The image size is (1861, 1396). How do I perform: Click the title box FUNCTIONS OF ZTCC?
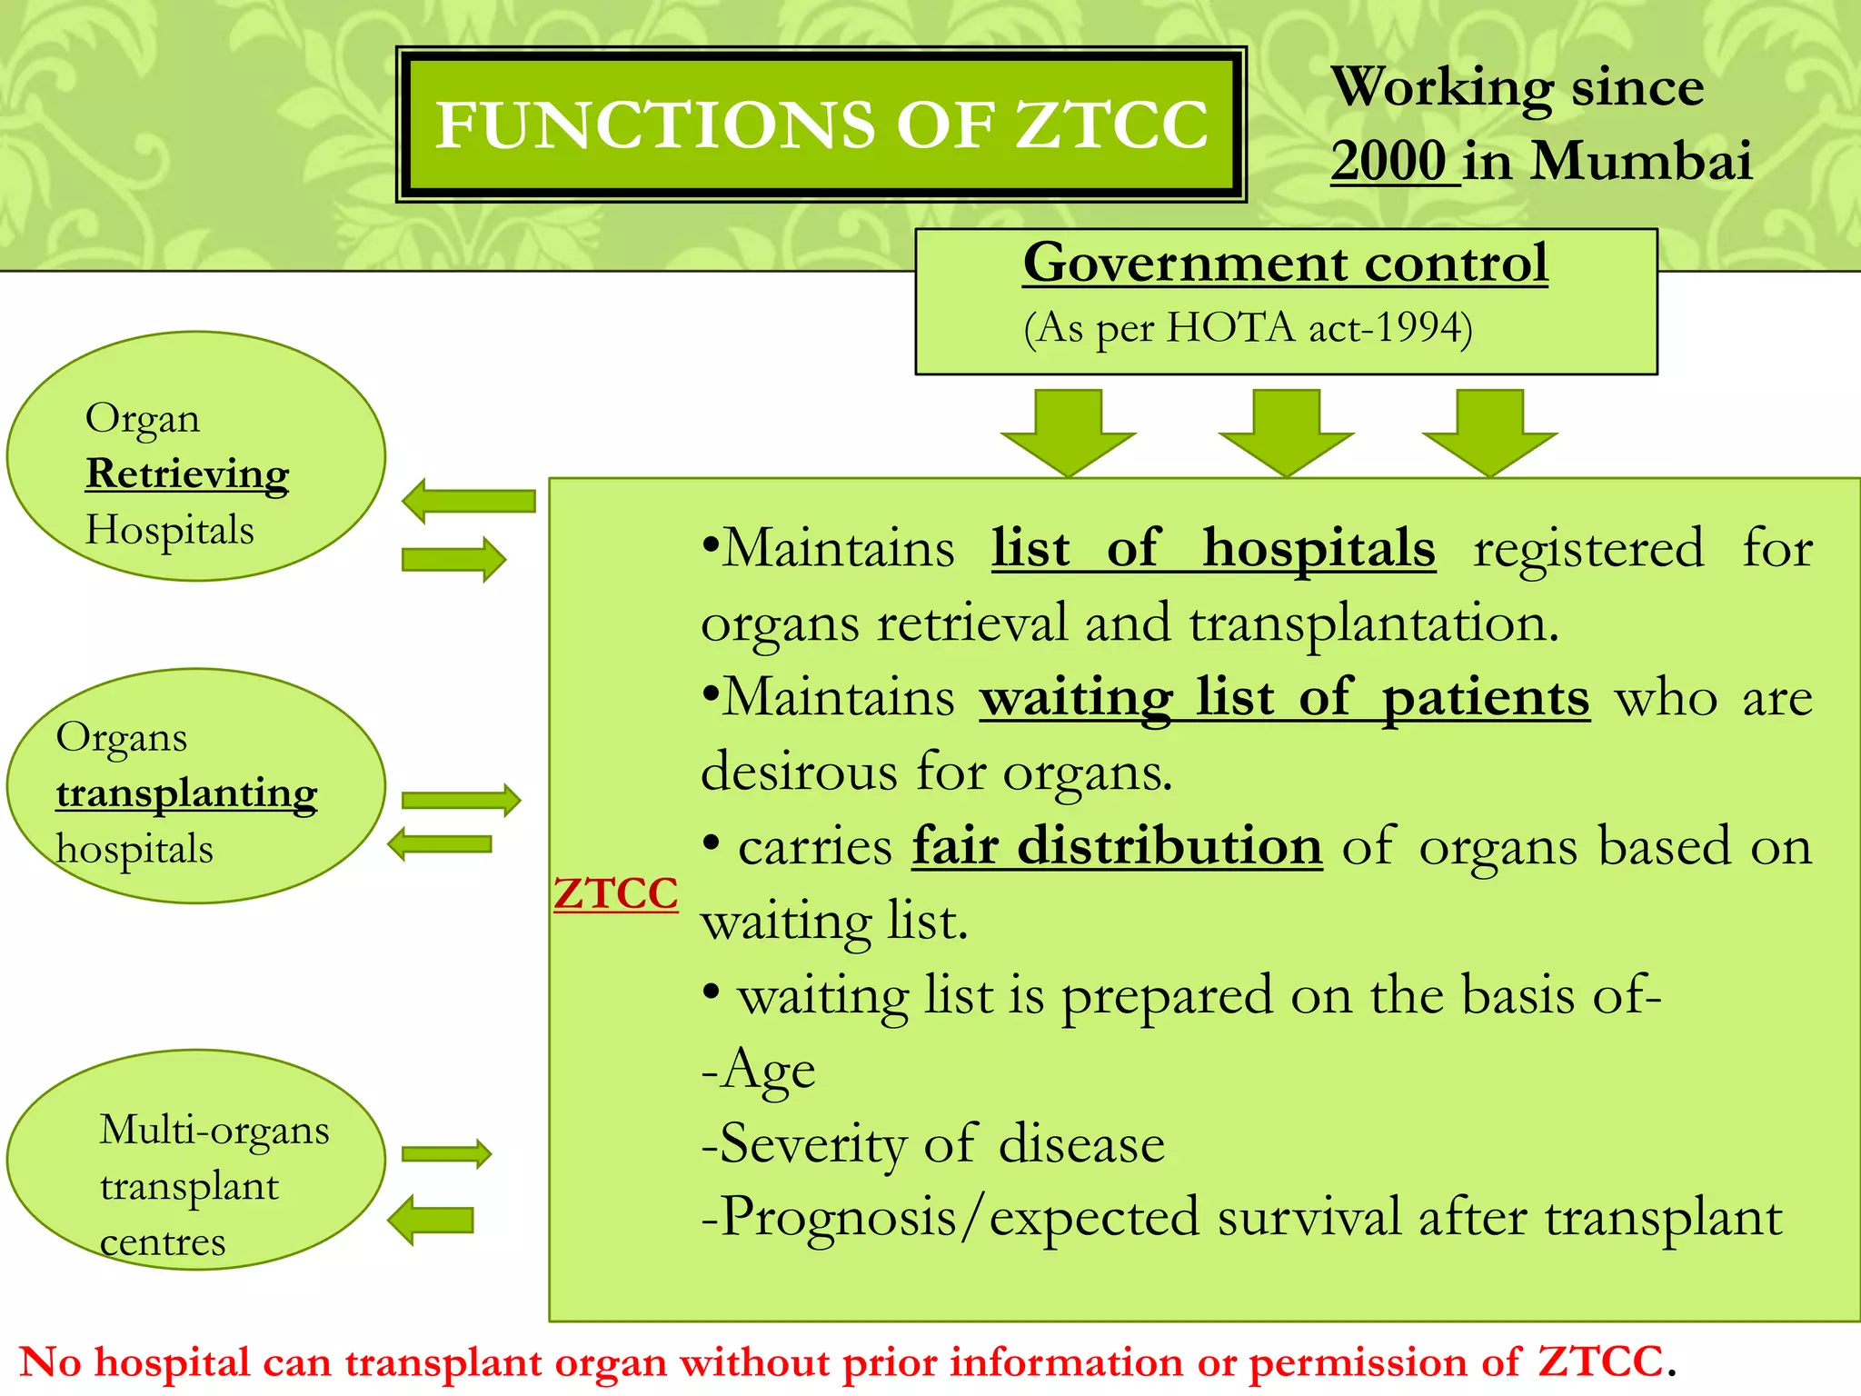821,125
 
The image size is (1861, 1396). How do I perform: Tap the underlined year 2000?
1388,162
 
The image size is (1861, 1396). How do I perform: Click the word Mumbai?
1641,162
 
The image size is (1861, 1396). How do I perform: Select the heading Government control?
1285,264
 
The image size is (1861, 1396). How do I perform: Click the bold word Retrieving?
187,474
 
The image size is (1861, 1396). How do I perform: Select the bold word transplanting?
186,793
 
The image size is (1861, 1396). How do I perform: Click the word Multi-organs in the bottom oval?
214,1131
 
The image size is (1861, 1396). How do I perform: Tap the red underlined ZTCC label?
615,893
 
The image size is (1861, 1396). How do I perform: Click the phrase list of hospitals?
1213,548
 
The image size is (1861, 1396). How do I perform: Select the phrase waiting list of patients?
1285,698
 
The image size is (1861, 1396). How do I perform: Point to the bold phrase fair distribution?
1117,846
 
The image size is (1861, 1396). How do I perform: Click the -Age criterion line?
759,1070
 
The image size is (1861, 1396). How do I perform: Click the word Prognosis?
836,1218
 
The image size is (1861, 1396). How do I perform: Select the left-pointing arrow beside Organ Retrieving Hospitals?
469,501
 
